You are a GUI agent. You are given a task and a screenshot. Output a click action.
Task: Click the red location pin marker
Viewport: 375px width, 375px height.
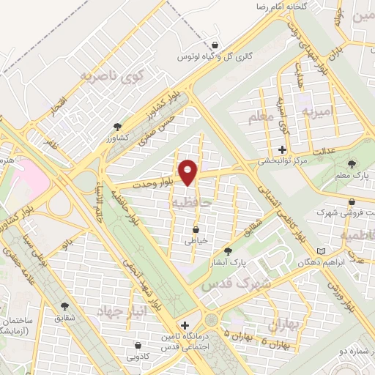189,172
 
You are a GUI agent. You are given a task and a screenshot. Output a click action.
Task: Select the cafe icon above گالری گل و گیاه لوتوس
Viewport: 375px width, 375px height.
214,45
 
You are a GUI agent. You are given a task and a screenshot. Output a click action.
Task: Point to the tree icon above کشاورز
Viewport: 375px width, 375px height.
118,127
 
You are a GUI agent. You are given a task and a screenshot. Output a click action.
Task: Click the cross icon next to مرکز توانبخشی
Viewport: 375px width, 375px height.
282,149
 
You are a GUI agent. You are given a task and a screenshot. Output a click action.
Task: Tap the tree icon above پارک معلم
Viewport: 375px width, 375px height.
352,163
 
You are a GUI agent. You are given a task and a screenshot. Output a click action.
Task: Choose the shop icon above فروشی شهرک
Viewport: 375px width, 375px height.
352,201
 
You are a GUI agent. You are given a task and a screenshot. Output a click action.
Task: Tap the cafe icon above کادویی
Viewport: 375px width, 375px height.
138,345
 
